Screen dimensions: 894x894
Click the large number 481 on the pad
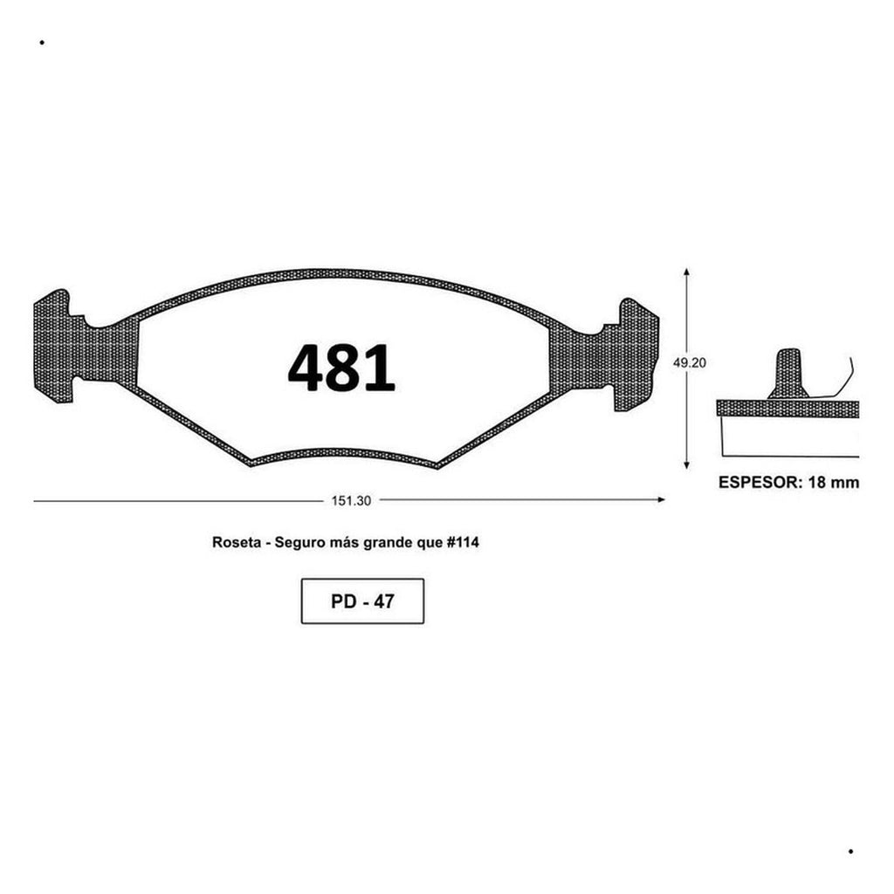(341, 368)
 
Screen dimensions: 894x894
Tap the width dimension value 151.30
(351, 500)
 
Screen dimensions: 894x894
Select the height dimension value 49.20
(690, 362)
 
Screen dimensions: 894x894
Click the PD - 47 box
(362, 601)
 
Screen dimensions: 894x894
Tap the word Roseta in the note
(237, 542)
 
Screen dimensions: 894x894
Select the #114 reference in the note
(462, 542)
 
